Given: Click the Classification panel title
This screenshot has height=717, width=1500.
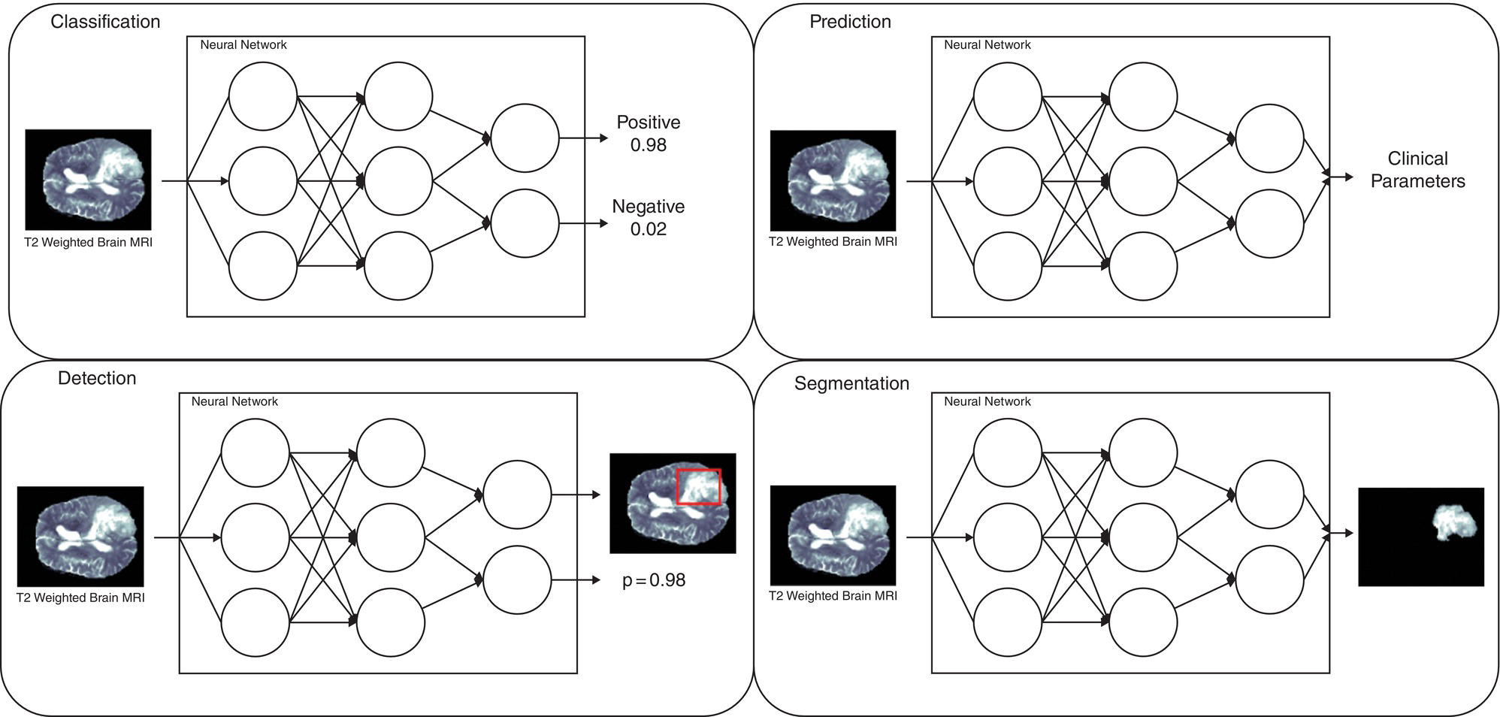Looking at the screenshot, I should tap(105, 22).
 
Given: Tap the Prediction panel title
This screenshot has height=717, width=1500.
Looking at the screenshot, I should tap(850, 22).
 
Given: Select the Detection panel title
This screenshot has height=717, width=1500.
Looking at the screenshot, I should tap(97, 378).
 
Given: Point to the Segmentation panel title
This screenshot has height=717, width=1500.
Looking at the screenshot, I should tap(851, 383).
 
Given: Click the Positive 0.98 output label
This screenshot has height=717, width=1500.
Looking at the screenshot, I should tap(648, 133).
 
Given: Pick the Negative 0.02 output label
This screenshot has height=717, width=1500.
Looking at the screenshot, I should tap(648, 217).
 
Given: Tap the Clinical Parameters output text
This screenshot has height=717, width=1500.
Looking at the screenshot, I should tap(1417, 170).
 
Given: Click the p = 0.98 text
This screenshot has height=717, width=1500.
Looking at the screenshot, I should tap(654, 580).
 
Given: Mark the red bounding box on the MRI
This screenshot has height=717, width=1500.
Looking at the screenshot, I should tap(699, 486).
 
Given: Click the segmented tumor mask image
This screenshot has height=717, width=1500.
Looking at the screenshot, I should tap(1421, 537).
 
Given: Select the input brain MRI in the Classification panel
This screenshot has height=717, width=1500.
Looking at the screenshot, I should tap(88, 180).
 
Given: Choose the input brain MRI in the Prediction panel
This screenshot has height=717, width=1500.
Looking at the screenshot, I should tap(833, 180).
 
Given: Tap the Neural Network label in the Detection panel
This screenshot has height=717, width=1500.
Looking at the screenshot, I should tap(234, 401).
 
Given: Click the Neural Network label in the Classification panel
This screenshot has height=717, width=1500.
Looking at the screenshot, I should tap(243, 45).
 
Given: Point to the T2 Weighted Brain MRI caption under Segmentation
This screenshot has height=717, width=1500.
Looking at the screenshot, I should tap(833, 596).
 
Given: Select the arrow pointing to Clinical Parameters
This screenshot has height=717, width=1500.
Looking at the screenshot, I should tap(1341, 177).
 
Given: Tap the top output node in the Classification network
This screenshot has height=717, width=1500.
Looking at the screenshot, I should tap(525, 138).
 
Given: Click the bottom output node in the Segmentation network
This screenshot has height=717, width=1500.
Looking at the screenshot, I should tap(1269, 580).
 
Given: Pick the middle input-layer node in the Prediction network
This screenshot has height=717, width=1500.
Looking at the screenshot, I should tap(1008, 181).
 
